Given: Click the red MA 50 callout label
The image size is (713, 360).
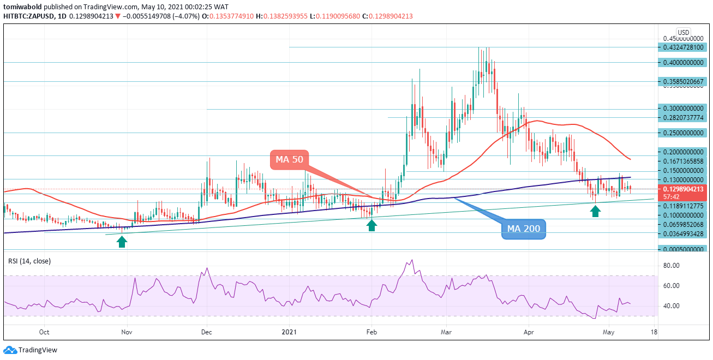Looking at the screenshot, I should [289, 160].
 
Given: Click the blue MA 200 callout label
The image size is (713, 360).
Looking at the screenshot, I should [523, 229].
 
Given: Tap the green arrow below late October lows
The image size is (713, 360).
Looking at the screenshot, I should [122, 241].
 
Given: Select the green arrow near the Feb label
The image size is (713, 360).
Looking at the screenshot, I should [372, 225].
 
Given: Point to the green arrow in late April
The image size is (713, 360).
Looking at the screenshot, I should [596, 211].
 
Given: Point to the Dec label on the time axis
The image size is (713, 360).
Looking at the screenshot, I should [206, 331].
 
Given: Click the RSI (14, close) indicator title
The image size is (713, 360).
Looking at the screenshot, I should [29, 261].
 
